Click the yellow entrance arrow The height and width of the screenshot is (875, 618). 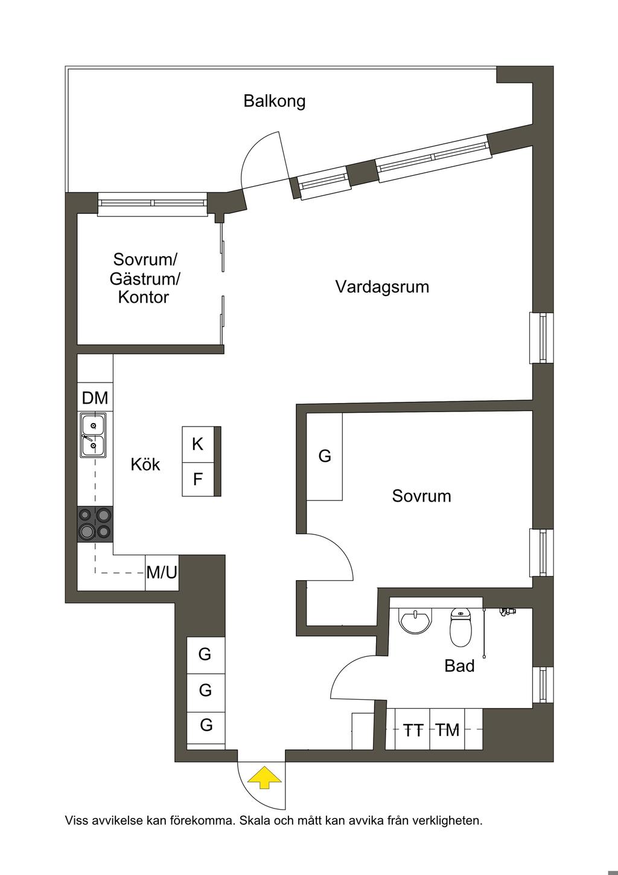pos(264,777)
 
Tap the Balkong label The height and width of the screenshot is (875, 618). pos(275,101)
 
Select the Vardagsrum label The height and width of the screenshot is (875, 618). pos(382,286)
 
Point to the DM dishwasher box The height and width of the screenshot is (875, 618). pos(95,398)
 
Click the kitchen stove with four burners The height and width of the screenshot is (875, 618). pos(95,523)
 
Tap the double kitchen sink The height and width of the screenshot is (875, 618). pos(93,435)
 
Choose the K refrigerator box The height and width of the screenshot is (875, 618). pos(198,445)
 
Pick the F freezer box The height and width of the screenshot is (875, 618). pos(198,480)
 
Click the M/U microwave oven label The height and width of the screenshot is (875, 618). pos(162,572)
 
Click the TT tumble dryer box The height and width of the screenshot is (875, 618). pos(413,731)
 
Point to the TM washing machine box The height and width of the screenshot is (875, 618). pos(448,731)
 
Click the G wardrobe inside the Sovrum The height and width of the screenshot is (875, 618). pos(325,456)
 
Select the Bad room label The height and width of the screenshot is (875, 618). pos(459,667)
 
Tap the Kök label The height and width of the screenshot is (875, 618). pos(145,465)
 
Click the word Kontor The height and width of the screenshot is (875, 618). pos(144,297)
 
